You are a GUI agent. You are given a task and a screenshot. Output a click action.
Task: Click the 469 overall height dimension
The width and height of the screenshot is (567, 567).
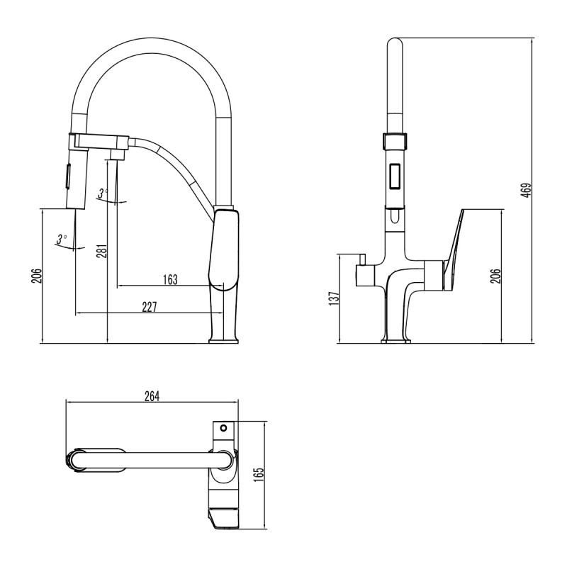coord(526,191)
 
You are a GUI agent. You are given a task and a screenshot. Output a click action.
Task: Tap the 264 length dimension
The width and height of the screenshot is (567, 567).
coord(152,396)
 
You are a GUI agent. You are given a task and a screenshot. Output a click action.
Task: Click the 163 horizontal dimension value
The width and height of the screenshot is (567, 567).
coord(169,279)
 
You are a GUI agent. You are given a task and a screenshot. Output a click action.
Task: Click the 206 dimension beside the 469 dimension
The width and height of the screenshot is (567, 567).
coord(496,276)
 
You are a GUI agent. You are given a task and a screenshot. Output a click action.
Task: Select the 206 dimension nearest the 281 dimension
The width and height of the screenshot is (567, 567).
coord(37,276)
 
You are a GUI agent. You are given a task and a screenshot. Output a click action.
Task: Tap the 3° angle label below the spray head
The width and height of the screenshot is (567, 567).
coord(62,238)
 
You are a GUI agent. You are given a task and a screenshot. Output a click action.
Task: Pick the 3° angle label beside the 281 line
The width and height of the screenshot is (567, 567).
coord(103,193)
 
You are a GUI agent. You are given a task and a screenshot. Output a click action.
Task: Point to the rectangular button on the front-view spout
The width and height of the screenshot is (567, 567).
coord(395,174)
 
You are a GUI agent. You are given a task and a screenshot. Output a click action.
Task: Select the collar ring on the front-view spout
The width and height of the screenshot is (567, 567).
coord(395,140)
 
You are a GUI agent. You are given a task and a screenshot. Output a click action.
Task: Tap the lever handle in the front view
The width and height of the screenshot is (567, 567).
coord(454,248)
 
